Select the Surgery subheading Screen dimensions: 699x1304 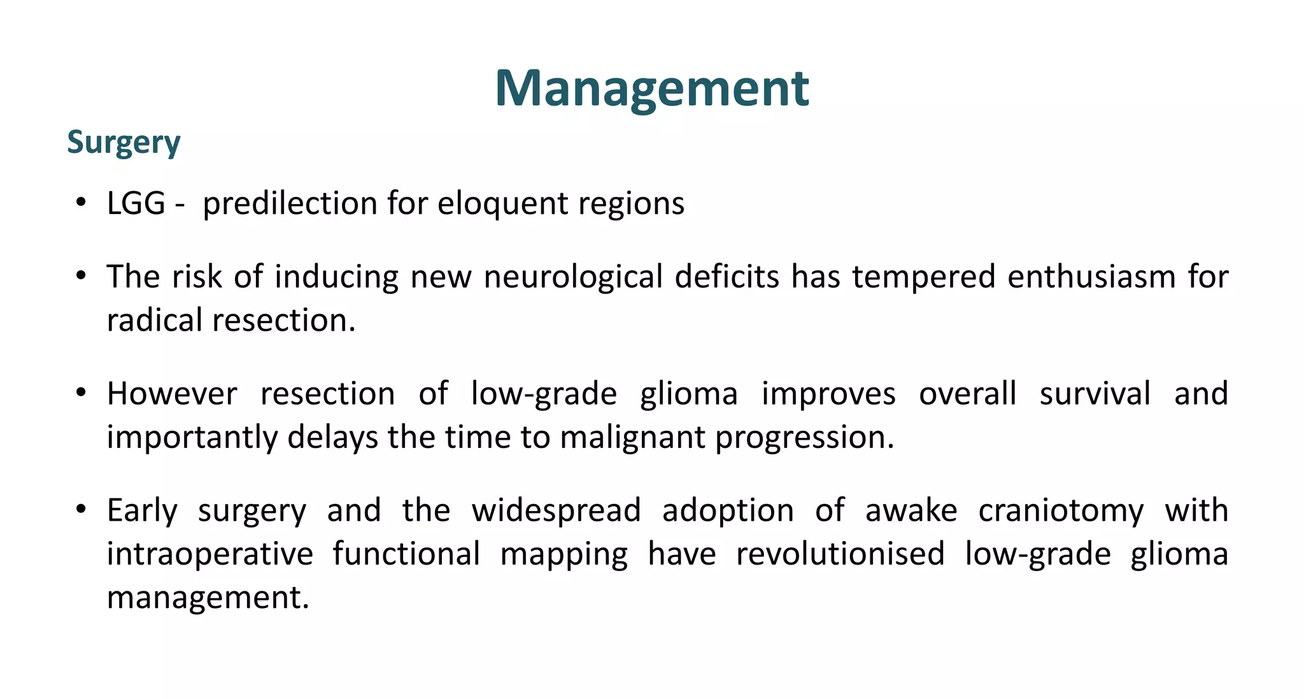pyautogui.click(x=124, y=143)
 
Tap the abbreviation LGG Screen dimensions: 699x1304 pyautogui.click(x=136, y=204)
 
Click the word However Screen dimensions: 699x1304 pyautogui.click(x=172, y=394)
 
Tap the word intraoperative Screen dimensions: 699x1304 pyautogui.click(x=209, y=554)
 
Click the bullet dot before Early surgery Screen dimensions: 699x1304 pyautogui.click(x=80, y=510)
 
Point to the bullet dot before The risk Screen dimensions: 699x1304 pyautogui.click(x=80, y=277)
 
